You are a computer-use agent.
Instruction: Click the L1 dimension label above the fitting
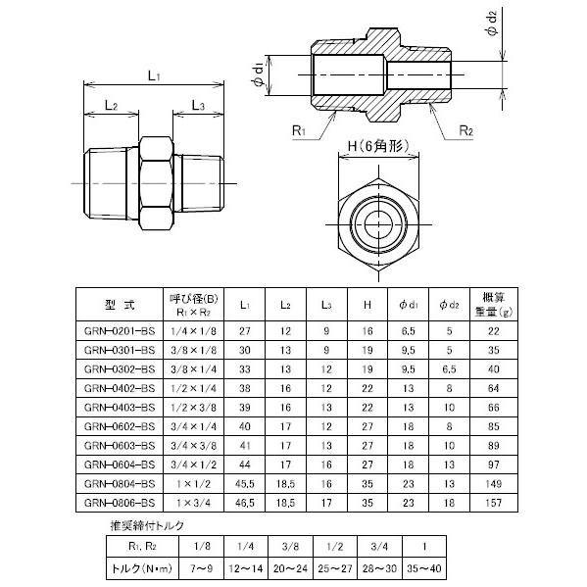(154, 74)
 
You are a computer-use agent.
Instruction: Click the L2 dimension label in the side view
(111, 105)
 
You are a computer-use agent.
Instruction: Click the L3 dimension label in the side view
(198, 105)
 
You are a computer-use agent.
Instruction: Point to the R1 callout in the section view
(300, 129)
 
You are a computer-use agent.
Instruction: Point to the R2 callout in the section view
(466, 129)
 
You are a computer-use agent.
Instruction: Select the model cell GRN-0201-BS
(120, 332)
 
